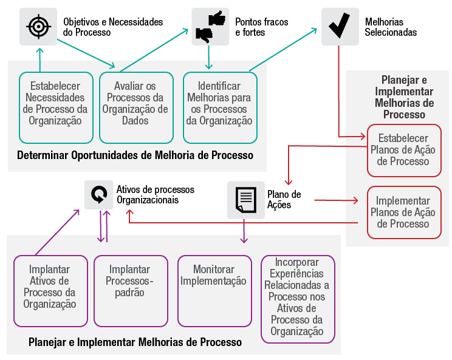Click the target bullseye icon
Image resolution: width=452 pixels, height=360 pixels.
click(x=38, y=27)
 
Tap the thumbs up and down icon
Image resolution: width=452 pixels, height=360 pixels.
click(x=210, y=27)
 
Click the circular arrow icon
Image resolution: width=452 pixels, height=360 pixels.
click(x=99, y=195)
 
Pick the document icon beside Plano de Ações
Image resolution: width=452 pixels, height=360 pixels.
click(x=245, y=200)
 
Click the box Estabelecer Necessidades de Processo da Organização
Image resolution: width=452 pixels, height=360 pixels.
click(x=56, y=107)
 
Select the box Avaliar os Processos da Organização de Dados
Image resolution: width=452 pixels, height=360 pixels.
click(x=135, y=107)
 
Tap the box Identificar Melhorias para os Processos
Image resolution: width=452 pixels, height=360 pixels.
click(x=220, y=107)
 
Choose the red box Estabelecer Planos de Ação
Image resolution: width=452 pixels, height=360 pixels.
click(x=403, y=150)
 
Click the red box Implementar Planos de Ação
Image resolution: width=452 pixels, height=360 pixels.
click(x=403, y=212)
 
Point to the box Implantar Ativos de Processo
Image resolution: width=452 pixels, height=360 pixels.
click(x=50, y=291)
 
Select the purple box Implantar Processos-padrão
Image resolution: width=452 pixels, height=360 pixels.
click(x=130, y=291)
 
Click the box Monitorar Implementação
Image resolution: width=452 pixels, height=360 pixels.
click(x=214, y=291)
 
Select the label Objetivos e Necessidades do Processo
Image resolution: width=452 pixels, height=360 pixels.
click(x=113, y=27)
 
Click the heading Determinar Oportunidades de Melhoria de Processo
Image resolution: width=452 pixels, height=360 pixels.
click(x=135, y=155)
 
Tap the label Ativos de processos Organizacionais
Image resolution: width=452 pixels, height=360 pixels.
click(x=148, y=195)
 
